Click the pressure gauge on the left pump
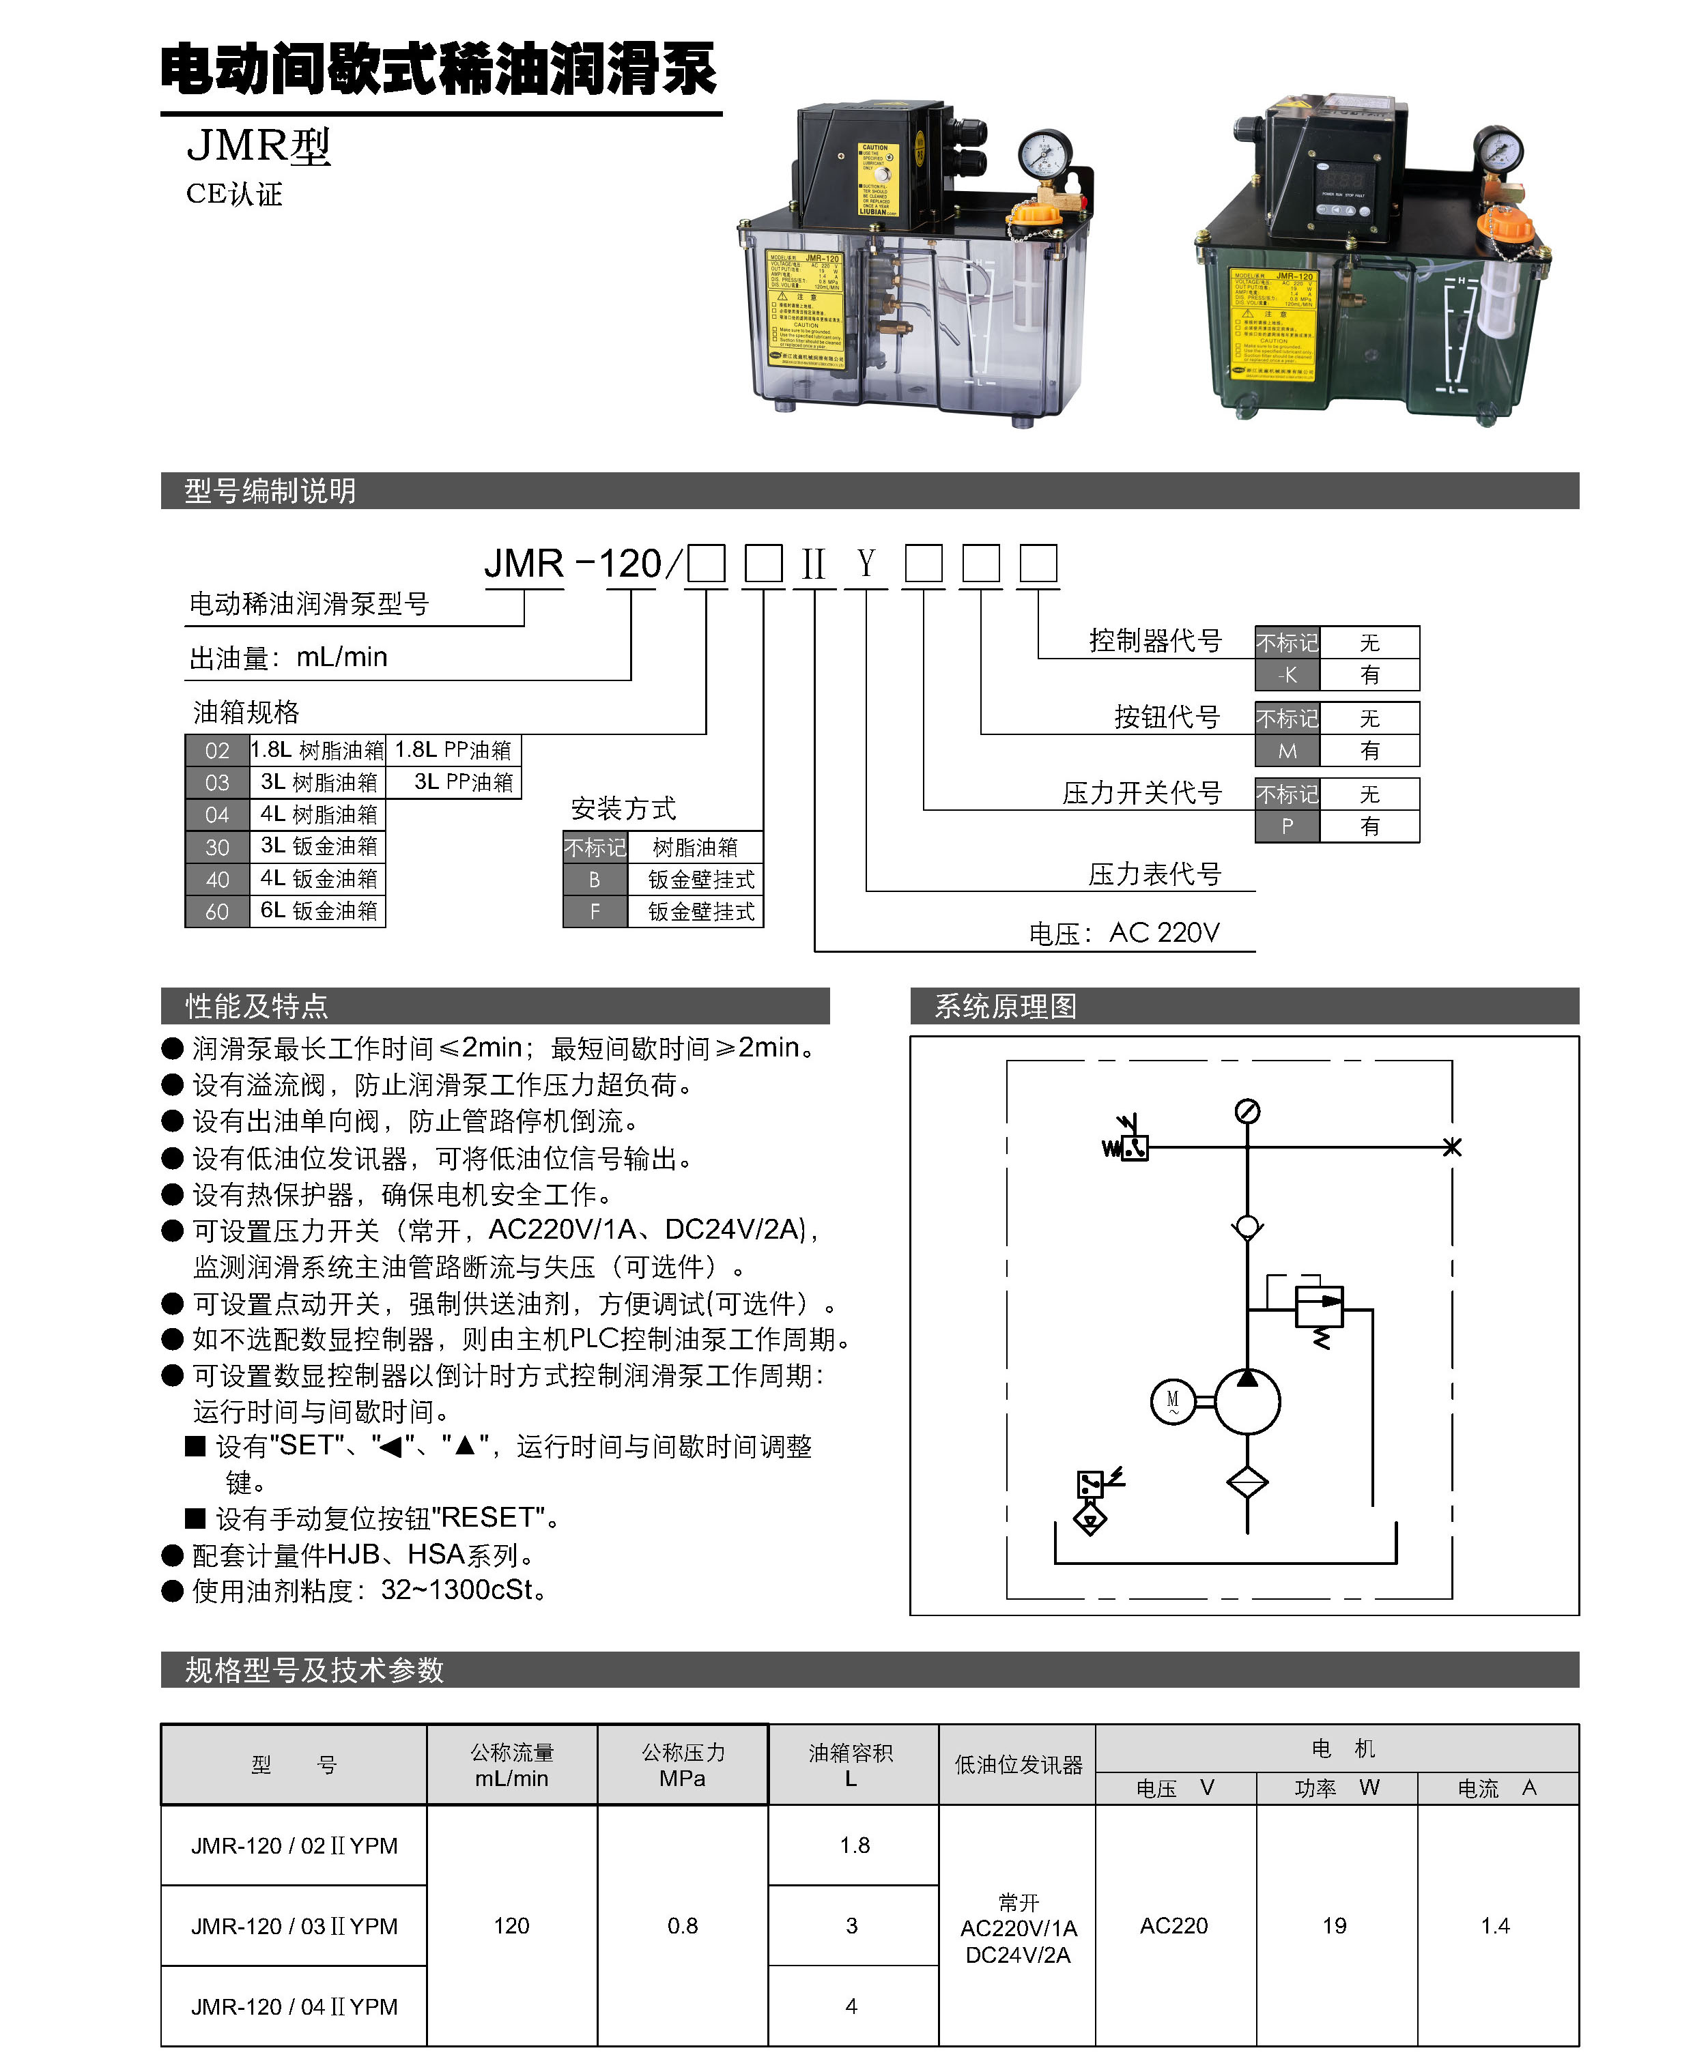1044,155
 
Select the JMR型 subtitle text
259,146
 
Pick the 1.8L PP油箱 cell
453,750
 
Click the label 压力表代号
1154,874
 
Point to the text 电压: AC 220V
1124,933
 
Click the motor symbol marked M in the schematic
1173,1402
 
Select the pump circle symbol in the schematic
1247,1402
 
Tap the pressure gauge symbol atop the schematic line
1247,1112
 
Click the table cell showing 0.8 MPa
683,1926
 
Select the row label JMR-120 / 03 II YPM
294,1926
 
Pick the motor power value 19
1334,1926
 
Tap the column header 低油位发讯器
1018,1765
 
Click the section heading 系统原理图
1006,1006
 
